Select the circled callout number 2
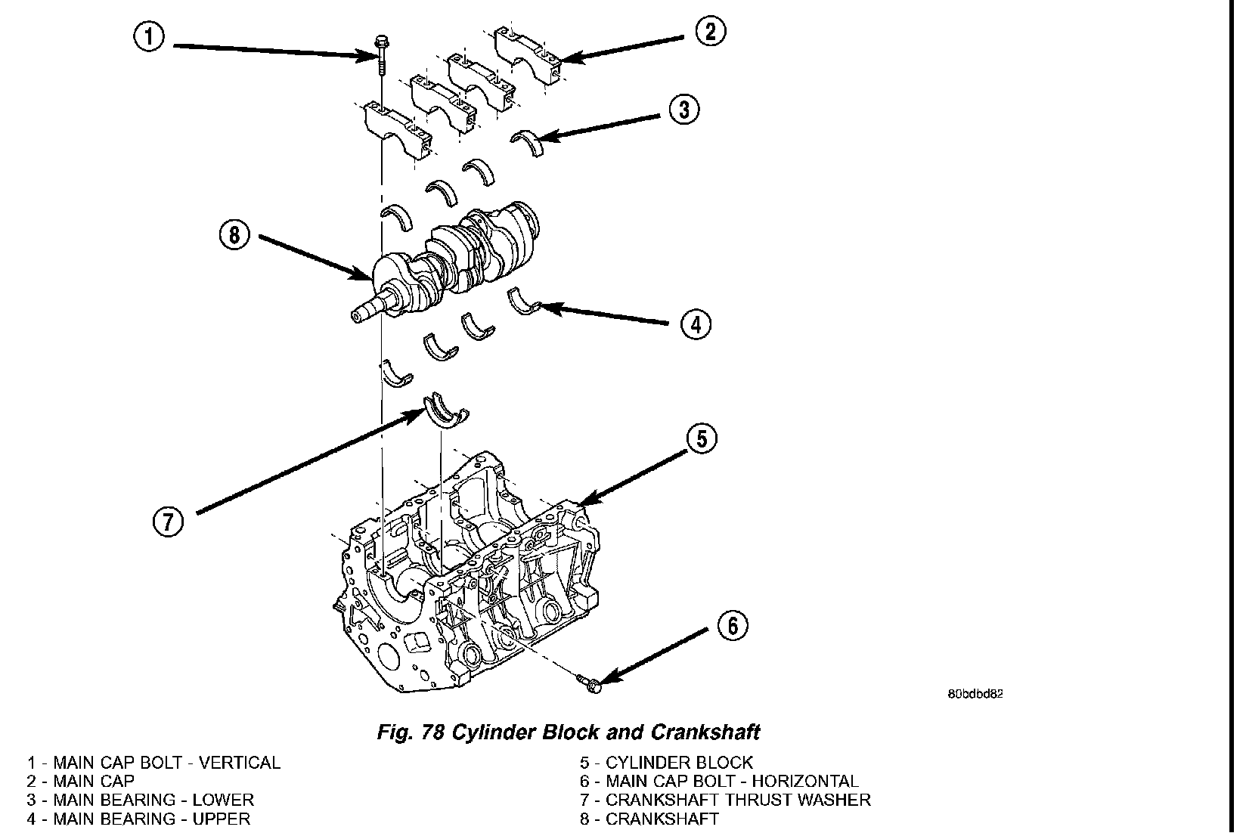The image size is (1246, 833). tap(711, 32)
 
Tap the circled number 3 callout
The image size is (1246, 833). tap(683, 110)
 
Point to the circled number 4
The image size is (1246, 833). tap(696, 324)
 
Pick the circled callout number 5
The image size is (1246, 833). tap(702, 438)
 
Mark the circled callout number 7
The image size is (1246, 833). tap(168, 522)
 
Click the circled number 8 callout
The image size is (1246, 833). tap(234, 235)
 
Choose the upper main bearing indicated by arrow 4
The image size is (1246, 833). tap(524, 301)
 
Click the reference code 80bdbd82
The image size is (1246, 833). tap(975, 693)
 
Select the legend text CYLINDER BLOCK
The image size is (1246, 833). tap(679, 763)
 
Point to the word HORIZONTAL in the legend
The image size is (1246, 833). tap(804, 781)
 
